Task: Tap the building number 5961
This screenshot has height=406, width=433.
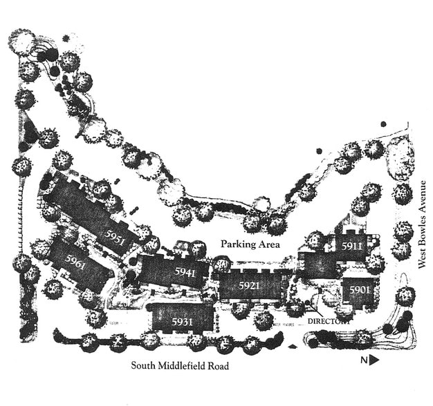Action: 77,262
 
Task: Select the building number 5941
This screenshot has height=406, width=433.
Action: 185,272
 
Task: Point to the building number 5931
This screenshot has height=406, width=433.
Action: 183,322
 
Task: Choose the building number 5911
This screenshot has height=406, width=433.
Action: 352,246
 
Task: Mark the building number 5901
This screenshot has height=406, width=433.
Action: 357,291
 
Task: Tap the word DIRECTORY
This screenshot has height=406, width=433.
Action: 329,321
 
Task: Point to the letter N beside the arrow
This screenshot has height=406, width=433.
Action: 363,359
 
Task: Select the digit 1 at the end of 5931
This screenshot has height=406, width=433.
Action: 192,322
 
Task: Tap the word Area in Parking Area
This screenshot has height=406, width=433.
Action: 266,244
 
